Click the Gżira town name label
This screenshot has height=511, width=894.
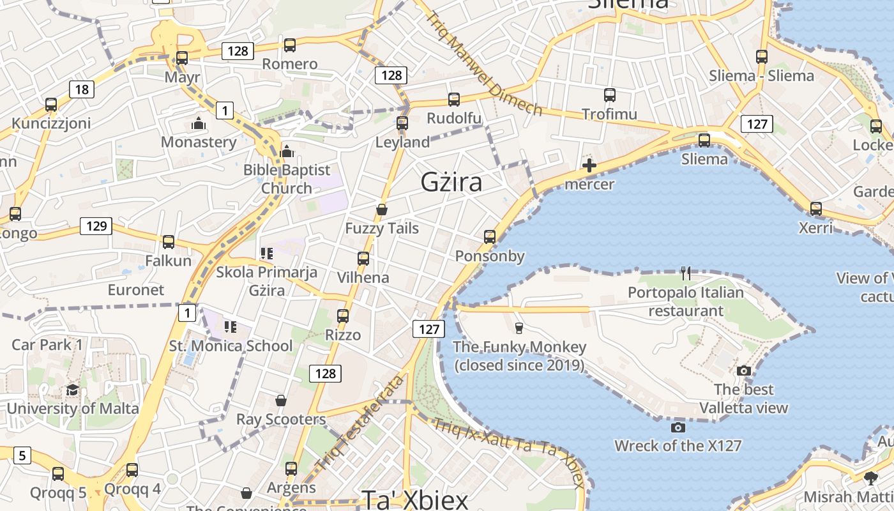coord(451,183)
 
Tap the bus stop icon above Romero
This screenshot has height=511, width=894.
coord(290,45)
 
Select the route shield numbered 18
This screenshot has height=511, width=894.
coord(82,89)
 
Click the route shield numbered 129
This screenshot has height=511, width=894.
coord(96,225)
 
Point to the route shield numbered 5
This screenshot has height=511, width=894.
coord(22,455)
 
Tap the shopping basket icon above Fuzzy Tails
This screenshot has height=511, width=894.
coord(382,210)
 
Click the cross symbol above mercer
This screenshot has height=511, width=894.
coord(589,166)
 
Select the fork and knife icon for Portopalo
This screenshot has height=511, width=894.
coord(686,274)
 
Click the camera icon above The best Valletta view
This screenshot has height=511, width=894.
coord(743,371)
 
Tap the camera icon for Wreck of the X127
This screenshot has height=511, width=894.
coord(678,427)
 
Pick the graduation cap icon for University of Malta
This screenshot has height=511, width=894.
coord(72,390)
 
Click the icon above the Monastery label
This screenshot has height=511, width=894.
coord(199,123)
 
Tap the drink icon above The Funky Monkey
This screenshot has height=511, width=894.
coord(519,328)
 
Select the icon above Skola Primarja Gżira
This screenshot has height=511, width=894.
coord(266,254)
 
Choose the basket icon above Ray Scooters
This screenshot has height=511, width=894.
coord(280,400)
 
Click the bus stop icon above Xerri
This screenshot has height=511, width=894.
coord(815,209)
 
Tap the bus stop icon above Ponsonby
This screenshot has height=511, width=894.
coord(490,237)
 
